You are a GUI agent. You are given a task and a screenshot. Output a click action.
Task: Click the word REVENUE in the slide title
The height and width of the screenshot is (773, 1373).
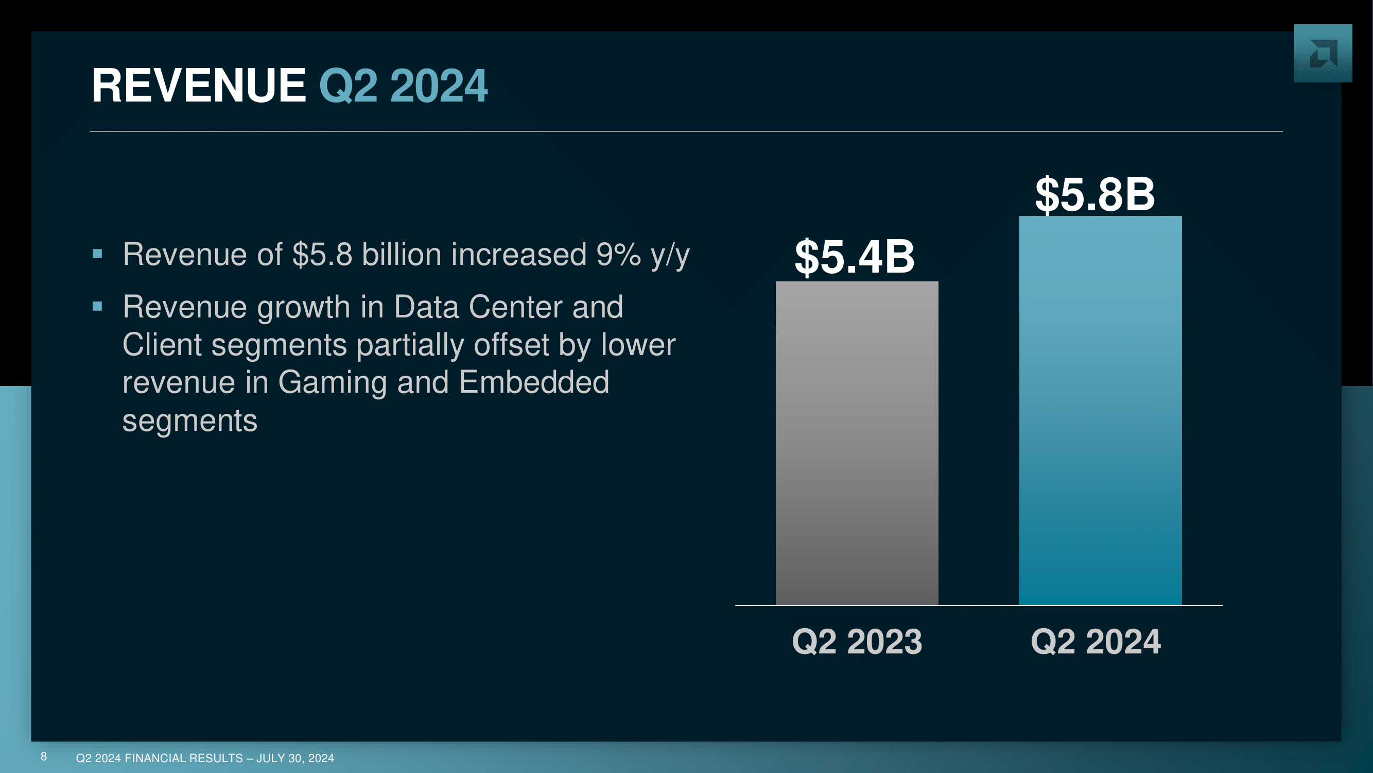[199, 86]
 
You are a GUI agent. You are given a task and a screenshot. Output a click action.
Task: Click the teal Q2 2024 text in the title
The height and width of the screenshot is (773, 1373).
[403, 86]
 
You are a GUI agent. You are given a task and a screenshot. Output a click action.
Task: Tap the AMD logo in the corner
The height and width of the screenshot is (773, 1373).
[1323, 54]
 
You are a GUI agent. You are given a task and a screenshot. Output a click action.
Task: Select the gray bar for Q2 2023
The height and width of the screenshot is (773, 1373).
[857, 443]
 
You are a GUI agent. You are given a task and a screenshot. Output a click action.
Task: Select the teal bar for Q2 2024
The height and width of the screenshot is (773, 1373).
[1100, 411]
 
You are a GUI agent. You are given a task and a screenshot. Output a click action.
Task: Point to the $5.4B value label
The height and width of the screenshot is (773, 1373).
[855, 257]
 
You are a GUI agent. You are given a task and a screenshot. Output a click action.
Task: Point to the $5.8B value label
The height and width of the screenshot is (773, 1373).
[1095, 194]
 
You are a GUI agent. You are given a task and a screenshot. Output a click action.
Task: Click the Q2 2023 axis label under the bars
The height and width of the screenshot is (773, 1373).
[857, 641]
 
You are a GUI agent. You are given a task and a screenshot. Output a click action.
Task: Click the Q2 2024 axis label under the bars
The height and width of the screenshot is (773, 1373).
[1096, 641]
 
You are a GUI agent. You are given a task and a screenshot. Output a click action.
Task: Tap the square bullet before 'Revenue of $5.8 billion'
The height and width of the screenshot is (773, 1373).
[97, 254]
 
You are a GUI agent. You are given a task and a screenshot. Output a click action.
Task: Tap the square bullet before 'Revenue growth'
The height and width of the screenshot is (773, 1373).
[97, 306]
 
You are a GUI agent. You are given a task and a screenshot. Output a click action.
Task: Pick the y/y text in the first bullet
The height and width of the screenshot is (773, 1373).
[670, 256]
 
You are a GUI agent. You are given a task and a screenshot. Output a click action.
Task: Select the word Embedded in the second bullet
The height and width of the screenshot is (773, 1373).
[533, 382]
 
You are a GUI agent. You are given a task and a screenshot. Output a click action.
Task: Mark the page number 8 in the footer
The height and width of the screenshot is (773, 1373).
[44, 757]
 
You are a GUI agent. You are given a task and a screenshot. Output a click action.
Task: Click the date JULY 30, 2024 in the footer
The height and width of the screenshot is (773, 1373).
[296, 758]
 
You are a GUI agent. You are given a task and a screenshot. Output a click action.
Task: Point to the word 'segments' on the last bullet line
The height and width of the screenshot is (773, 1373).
[190, 422]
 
